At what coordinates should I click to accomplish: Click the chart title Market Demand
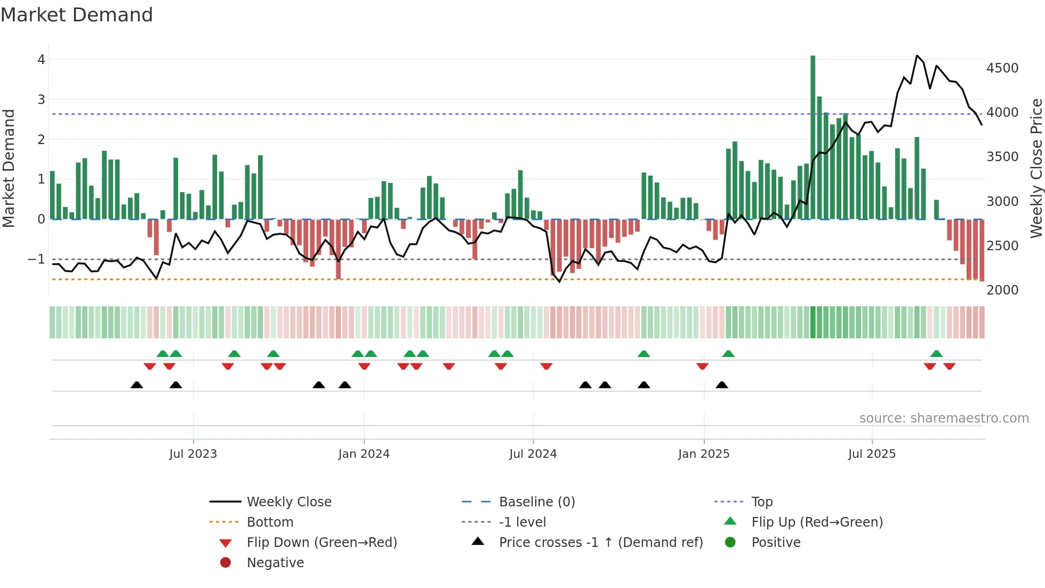click(77, 15)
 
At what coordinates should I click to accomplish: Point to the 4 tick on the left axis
click(41, 60)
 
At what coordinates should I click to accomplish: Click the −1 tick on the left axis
click(37, 259)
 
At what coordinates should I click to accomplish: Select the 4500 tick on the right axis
click(1002, 68)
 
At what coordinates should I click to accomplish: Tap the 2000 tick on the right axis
click(1002, 290)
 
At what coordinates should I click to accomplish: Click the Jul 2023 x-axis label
click(193, 454)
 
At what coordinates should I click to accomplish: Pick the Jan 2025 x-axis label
click(703, 454)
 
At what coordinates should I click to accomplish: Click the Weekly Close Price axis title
click(1035, 168)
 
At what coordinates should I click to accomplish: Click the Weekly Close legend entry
click(288, 502)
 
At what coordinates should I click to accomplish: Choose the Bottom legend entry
click(270, 522)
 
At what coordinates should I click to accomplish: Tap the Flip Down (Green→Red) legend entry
click(321, 543)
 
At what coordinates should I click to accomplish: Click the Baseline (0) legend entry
click(536, 502)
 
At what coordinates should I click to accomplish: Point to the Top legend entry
click(761, 502)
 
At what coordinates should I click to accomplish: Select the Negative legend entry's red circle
click(226, 563)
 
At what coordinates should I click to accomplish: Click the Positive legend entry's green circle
click(730, 543)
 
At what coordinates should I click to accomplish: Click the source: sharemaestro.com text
click(944, 418)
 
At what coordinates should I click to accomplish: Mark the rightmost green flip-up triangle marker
click(936, 354)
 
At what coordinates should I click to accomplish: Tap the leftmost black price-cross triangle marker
click(137, 385)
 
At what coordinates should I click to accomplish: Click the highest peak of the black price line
click(917, 55)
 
